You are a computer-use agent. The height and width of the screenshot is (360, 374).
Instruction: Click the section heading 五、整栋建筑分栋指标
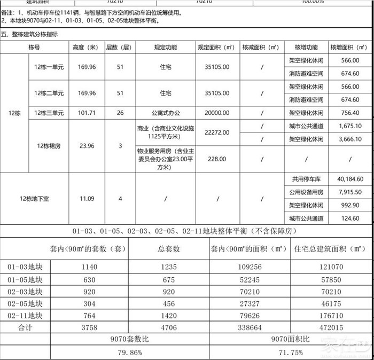click(x=30, y=34)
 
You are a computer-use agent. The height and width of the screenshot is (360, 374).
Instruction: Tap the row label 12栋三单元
click(x=49, y=113)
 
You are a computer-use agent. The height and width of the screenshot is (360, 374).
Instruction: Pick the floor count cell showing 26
click(x=120, y=113)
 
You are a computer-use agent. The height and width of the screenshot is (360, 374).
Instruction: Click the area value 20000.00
click(x=217, y=113)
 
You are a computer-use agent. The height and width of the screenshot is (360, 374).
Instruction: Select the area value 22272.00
click(x=217, y=132)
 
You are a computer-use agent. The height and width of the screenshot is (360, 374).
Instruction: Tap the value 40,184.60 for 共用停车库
click(x=350, y=179)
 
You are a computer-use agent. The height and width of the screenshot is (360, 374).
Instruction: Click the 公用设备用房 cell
click(x=307, y=192)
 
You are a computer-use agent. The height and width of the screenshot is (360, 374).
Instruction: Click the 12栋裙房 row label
click(x=49, y=146)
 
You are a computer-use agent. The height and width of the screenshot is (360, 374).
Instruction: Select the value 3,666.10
click(x=350, y=139)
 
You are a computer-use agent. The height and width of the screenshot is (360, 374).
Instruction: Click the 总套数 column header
click(x=169, y=249)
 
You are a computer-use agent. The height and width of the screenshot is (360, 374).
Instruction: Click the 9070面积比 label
click(x=291, y=339)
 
